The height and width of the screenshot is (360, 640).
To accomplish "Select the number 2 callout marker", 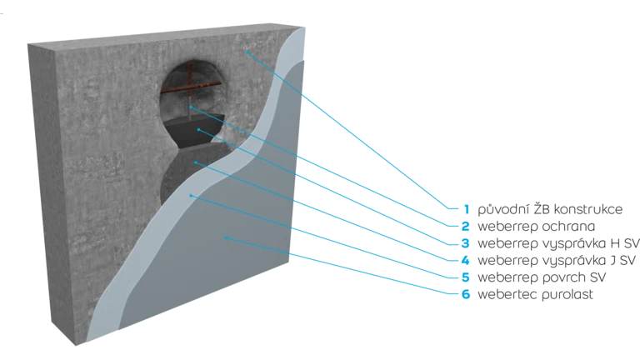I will pyautogui.click(x=467, y=225).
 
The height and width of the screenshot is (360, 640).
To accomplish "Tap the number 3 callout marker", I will pyautogui.click(x=467, y=243).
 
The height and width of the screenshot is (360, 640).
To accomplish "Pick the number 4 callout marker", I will pyautogui.click(x=467, y=261).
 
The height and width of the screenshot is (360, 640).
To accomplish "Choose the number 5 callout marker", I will pyautogui.click(x=467, y=277).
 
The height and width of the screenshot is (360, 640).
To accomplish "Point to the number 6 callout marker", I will pyautogui.click(x=467, y=294).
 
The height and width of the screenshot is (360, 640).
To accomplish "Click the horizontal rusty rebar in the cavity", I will pyautogui.click(x=204, y=86).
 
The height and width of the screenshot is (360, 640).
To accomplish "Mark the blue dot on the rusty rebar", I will pyautogui.click(x=191, y=107).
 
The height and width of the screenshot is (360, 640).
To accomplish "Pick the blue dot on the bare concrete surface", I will pyautogui.click(x=247, y=52).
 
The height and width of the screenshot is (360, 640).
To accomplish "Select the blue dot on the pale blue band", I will pyautogui.click(x=192, y=196).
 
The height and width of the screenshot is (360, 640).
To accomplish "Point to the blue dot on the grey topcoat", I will pyautogui.click(x=227, y=239).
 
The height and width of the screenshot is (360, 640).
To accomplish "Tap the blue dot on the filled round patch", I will pyautogui.click(x=196, y=162).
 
